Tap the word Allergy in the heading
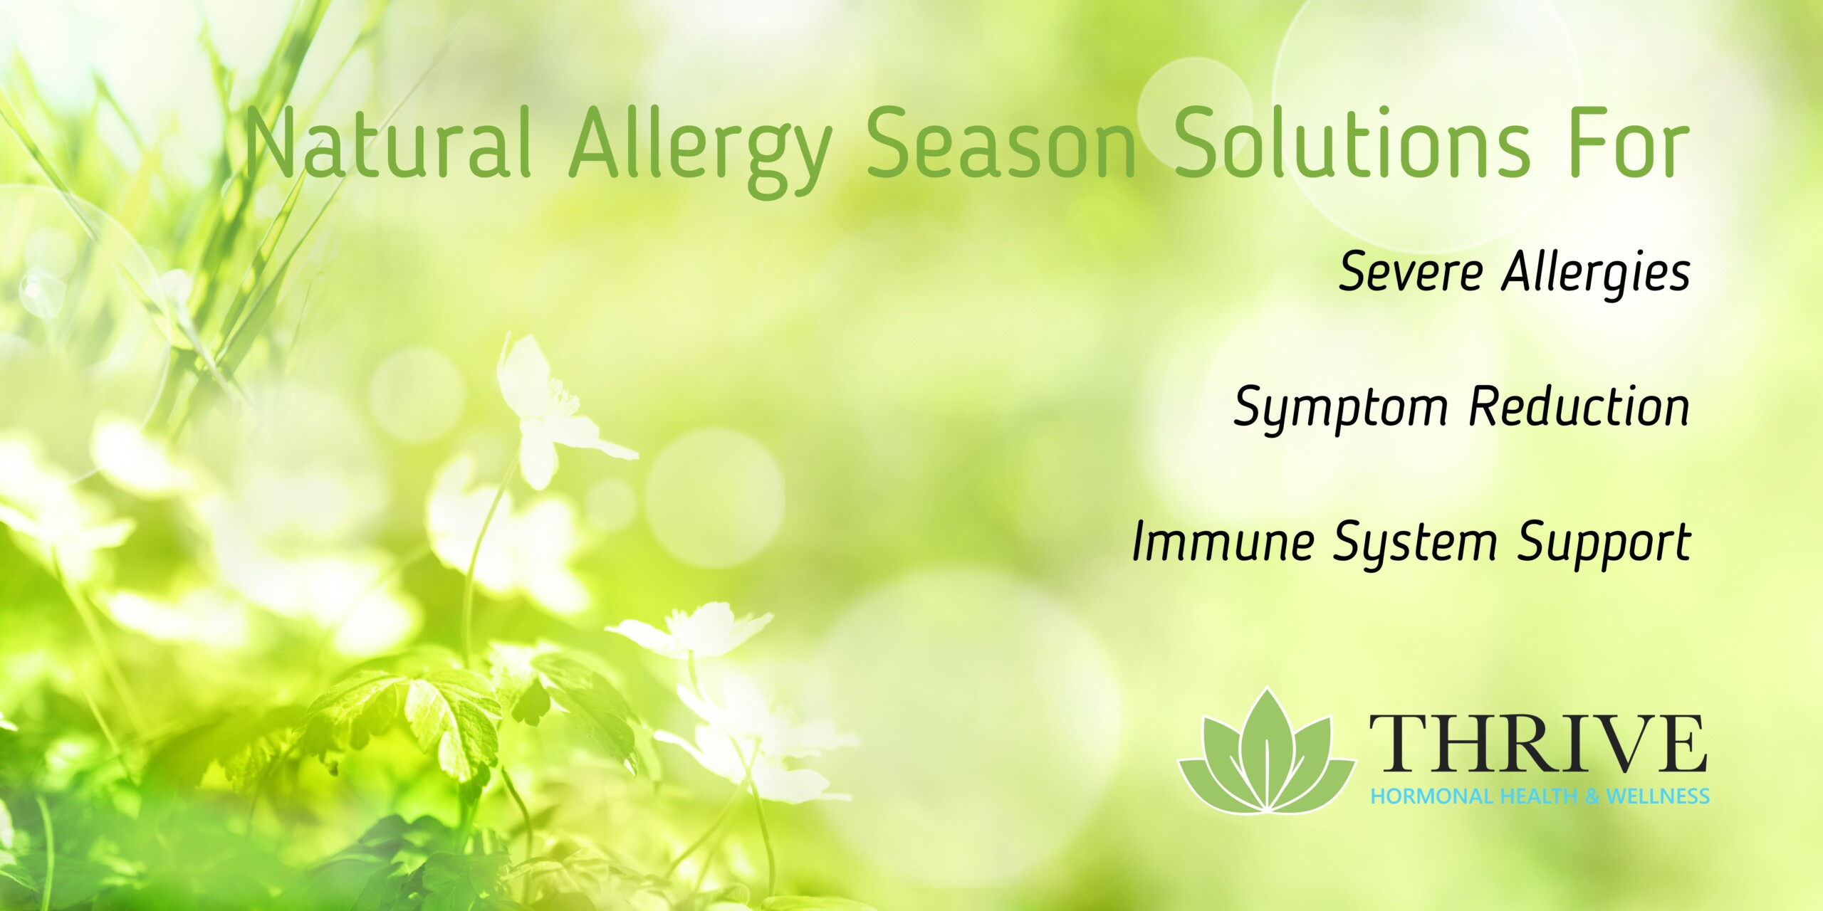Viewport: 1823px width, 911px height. click(x=699, y=149)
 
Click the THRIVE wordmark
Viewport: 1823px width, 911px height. click(x=1538, y=744)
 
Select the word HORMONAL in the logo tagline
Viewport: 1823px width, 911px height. click(x=1431, y=796)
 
